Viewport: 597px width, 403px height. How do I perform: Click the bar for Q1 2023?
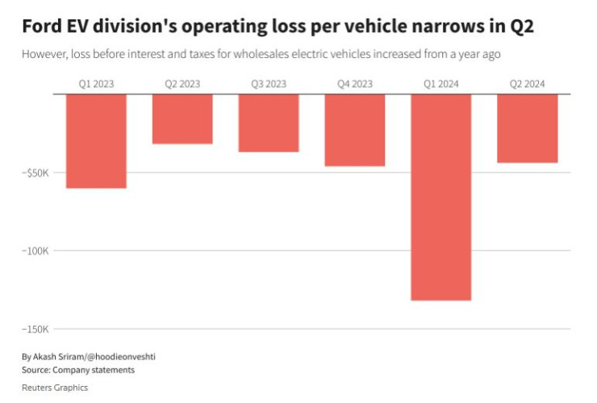[x=96, y=141]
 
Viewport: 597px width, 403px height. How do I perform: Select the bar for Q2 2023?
[x=182, y=119]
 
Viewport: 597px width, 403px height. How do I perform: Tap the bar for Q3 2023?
[x=269, y=123]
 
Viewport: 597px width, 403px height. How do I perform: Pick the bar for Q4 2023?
[x=355, y=131]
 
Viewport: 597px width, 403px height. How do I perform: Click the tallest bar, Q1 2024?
[x=441, y=197]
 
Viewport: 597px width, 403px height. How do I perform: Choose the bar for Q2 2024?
[x=528, y=129]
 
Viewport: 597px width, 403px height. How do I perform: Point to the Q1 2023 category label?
[x=96, y=84]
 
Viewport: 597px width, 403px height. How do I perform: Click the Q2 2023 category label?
[x=182, y=84]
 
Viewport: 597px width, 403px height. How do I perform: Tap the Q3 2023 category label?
[x=269, y=84]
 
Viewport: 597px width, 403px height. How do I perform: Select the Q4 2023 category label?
[x=355, y=84]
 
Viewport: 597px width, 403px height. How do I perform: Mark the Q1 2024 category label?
[x=441, y=84]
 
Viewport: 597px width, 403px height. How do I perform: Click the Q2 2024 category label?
[x=528, y=84]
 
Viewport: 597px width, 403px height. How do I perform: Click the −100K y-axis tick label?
[x=35, y=251]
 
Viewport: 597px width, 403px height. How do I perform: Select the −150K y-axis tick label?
[x=35, y=329]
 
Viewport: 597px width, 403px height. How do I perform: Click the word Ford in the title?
[x=42, y=27]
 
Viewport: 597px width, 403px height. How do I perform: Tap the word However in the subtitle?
[x=45, y=54]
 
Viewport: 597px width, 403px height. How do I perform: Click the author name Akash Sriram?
[x=61, y=355]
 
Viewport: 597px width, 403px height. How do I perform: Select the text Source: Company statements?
[x=78, y=370]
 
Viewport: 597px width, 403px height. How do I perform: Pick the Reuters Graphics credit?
[x=55, y=388]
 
